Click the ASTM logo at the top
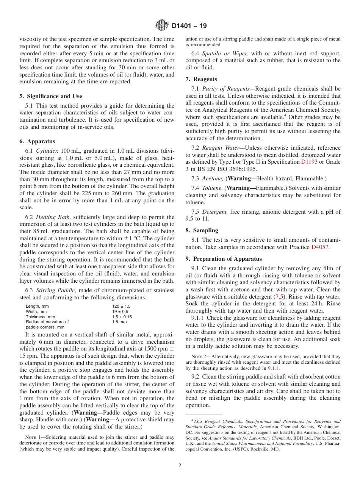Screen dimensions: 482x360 (x=162, y=26)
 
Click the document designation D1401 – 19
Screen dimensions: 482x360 (x=189, y=26)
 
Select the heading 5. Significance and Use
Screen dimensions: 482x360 (x=51, y=96)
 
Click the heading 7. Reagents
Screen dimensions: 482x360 (x=201, y=79)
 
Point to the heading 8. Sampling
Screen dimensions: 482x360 (x=202, y=230)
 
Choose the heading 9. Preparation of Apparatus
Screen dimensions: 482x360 (x=224, y=259)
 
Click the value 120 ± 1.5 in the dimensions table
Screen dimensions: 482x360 (x=121, y=306)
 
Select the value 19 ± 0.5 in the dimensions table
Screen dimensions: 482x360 (x=120, y=311)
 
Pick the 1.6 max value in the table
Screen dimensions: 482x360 (x=120, y=322)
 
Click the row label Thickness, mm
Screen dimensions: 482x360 (x=40, y=317)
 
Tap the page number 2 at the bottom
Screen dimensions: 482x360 (x=180, y=466)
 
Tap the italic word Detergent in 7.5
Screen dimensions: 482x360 (x=215, y=212)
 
